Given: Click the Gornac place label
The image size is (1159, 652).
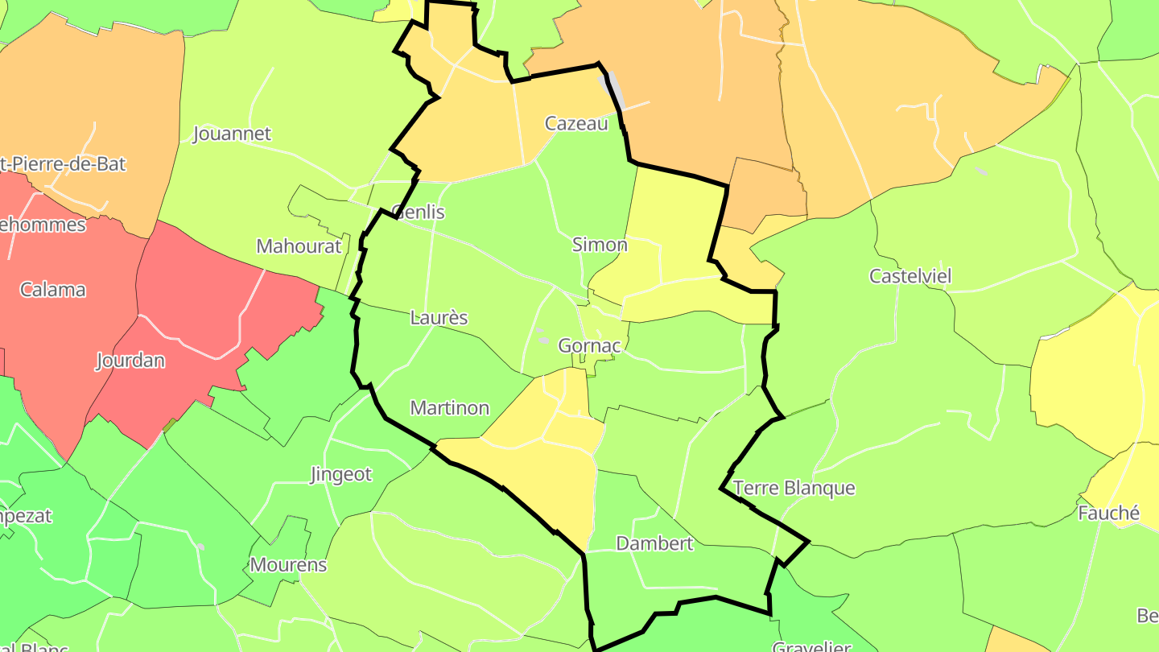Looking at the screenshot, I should point(589,346).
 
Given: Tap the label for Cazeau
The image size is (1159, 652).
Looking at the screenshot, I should point(575,123).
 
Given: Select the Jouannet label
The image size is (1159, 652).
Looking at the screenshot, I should point(232,134).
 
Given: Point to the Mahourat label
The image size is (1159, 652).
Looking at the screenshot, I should point(299,246).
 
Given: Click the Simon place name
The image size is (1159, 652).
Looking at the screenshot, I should point(599,245).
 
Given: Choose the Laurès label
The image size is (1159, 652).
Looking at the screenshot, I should point(439,318).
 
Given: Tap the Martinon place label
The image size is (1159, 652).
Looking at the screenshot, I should point(449,408).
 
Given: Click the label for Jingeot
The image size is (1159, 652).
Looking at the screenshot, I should point(341,475).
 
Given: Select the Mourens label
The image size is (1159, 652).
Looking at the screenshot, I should point(288,565).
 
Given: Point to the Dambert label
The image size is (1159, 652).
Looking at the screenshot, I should point(654,543).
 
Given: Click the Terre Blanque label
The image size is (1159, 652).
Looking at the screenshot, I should point(794,489).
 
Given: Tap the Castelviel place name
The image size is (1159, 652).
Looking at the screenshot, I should point(909,277).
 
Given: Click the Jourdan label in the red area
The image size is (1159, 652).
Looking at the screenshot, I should point(130,361).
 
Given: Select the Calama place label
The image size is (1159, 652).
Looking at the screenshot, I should point(53,290).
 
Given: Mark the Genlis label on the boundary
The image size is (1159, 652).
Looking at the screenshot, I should point(418,213).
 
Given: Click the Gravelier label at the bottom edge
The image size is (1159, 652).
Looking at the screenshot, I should point(811,646).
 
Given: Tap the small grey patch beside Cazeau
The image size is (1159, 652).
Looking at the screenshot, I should point(612,89).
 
